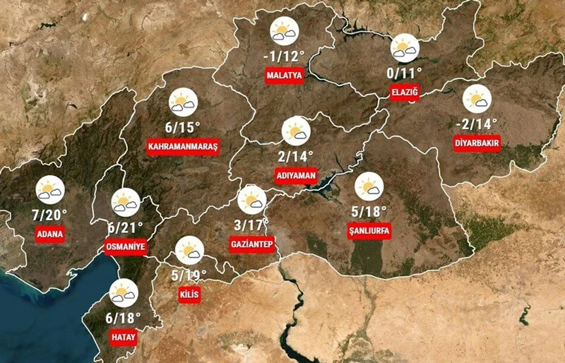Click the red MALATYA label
pyautogui.click(x=285, y=75)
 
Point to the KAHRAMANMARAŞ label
pyautogui.click(x=183, y=147)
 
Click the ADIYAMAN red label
pyautogui.click(x=296, y=175)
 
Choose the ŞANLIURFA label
pyautogui.click(x=369, y=230)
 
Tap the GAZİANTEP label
pyautogui.click(x=251, y=244)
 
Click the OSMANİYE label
pyautogui.click(x=125, y=247)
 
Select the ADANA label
pyautogui.click(x=51, y=234)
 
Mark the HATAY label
pyautogui.click(x=123, y=338)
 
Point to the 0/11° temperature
pyautogui.click(x=405, y=72)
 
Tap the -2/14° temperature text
pyautogui.click(x=477, y=124)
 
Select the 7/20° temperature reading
pyautogui.click(x=51, y=214)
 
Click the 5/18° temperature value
pyautogui.click(x=369, y=210)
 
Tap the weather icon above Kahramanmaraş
pyautogui.click(x=183, y=102)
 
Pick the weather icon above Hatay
pyautogui.click(x=124, y=293)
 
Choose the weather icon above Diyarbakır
pyautogui.click(x=477, y=99)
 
